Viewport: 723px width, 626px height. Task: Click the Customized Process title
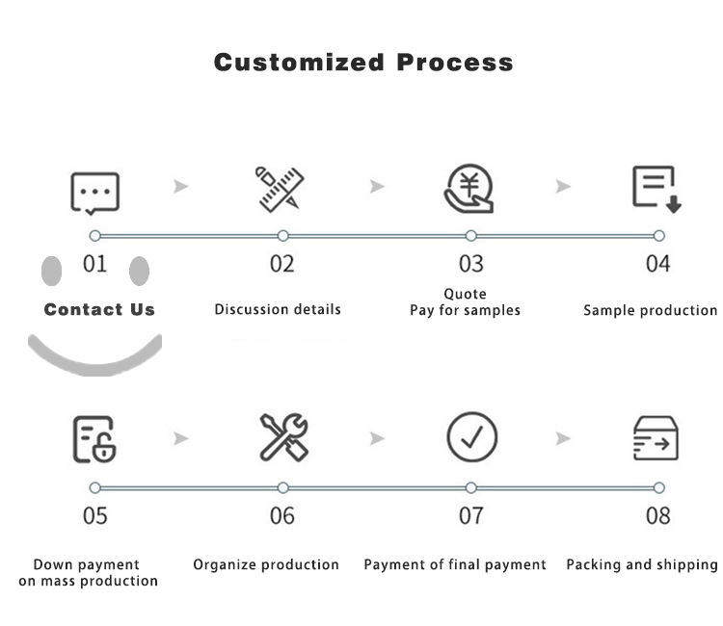362,63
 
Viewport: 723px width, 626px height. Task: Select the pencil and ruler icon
280,189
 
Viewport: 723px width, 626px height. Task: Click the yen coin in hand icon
469,189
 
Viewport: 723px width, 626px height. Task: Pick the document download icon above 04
656,189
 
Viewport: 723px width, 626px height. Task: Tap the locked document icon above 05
94,438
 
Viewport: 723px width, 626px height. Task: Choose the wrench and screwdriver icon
283,437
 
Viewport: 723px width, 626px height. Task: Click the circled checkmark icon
472,438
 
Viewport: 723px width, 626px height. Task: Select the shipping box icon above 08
656,438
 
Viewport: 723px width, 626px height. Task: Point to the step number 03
470,264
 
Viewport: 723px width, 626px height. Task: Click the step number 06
282,516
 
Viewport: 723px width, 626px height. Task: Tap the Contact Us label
99,309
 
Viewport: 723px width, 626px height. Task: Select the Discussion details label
278,309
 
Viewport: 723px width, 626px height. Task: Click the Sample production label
650,310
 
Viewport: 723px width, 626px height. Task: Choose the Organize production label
266,564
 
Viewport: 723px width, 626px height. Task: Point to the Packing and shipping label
641,564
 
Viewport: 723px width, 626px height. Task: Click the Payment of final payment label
455,564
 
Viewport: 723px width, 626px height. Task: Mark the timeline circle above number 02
282,236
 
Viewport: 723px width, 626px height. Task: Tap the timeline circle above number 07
470,488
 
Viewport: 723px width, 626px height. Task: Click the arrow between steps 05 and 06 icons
180,439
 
